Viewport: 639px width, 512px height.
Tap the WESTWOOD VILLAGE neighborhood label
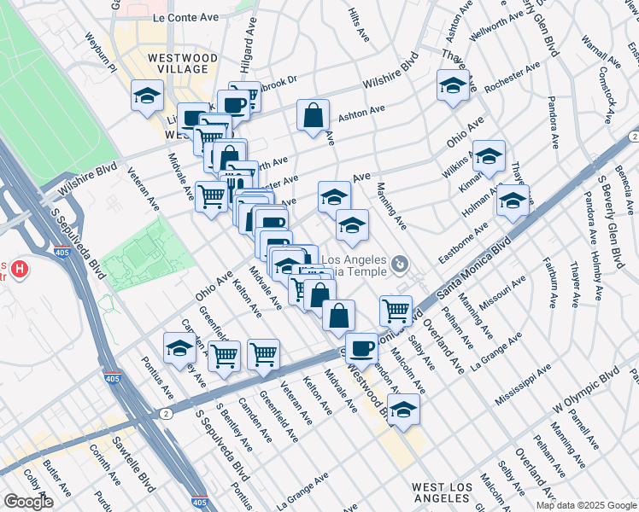(178, 62)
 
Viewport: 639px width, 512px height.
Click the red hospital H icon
(19, 271)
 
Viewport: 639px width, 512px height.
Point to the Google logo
(28, 502)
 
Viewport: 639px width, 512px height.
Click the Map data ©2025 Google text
(587, 505)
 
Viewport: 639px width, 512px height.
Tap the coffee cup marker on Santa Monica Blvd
(362, 347)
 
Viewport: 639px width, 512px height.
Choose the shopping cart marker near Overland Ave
(396, 310)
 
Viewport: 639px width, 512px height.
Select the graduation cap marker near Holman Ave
(513, 201)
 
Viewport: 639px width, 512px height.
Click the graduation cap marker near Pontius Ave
(179, 347)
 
